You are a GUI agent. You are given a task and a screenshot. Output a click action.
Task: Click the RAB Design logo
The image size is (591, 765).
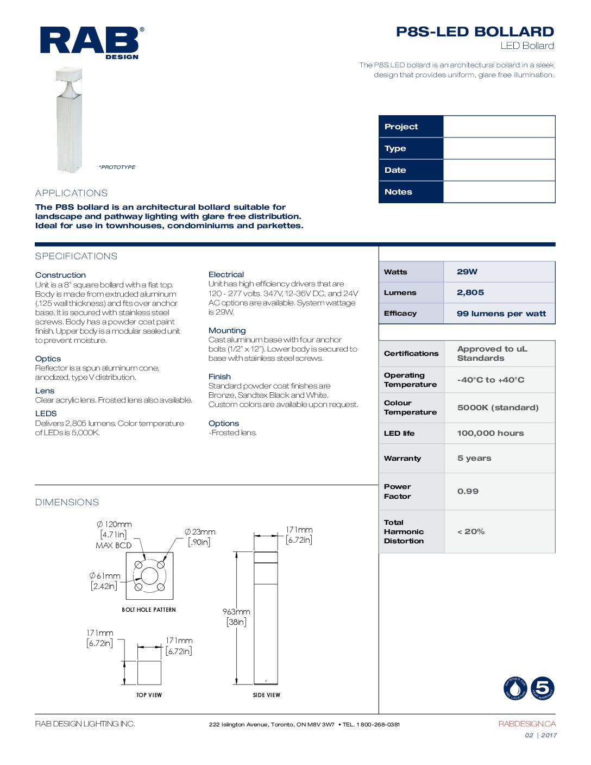point(91,42)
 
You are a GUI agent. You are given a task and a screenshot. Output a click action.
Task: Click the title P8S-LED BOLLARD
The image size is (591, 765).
point(475,32)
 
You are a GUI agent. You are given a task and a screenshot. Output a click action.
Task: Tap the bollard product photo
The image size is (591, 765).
point(69,120)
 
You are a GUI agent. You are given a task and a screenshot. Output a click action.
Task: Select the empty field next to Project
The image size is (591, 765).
point(499,127)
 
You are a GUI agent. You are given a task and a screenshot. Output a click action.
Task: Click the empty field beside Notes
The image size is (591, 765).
point(499,192)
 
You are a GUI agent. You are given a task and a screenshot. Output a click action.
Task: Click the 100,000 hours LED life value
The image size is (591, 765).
point(491,433)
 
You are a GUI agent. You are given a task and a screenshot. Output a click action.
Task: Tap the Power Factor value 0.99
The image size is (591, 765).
point(468,491)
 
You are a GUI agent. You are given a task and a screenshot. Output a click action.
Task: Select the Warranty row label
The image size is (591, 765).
point(403,458)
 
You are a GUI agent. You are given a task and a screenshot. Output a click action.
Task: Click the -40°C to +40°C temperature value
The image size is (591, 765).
point(491,380)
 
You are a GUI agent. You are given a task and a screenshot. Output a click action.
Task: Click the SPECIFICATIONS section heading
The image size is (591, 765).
point(76,256)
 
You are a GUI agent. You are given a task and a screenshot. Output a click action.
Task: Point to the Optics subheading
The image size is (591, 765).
point(48,359)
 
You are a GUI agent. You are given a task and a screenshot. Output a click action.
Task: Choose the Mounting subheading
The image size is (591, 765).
point(227,330)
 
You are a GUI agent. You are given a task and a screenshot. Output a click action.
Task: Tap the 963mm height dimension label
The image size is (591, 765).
point(236,612)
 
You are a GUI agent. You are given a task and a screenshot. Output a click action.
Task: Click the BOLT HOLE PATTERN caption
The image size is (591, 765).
point(149,610)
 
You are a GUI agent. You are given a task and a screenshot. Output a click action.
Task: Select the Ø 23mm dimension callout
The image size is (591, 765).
point(200,532)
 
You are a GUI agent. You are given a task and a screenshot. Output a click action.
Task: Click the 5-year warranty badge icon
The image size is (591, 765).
point(542,688)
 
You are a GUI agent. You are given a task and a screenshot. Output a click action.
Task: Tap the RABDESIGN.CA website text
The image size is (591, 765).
point(527,724)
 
